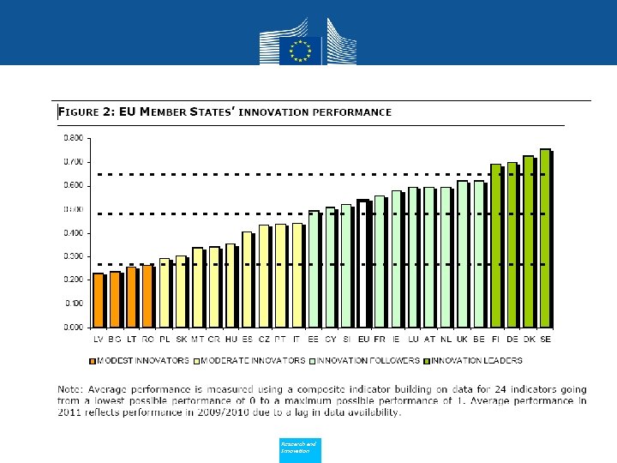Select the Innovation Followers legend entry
click(x=371, y=360)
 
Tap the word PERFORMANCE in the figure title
click(x=354, y=112)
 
